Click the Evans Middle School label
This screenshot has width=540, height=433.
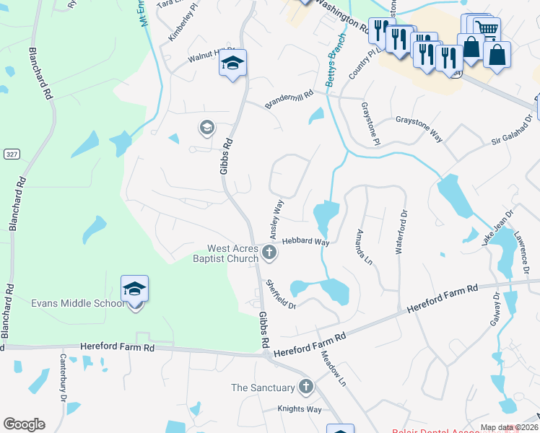pos(78,303)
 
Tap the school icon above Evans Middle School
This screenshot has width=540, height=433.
pos(135,289)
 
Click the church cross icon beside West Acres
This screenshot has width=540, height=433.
pos(269,253)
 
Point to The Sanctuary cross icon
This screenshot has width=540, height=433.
pos(305,388)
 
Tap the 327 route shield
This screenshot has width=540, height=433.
pos(11,154)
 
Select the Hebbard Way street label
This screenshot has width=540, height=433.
pos(305,242)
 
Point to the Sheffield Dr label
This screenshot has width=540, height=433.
pos(281,294)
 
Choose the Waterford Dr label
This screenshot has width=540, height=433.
pos(401,232)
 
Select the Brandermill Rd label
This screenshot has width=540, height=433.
pos(289,99)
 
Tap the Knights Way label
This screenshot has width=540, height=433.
pos(300,409)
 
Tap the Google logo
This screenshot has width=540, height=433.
pos(24,424)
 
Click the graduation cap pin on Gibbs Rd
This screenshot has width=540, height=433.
pos(233,64)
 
